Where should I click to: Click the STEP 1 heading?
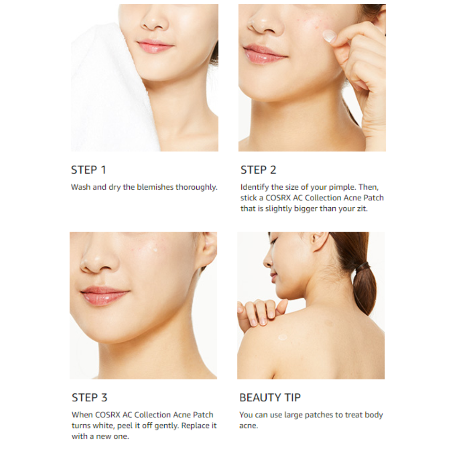88,170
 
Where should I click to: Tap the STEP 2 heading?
258,170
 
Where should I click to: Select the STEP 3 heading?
89,398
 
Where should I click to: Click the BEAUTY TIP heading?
270,398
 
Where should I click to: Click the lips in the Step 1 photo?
155,46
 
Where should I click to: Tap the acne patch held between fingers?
329,36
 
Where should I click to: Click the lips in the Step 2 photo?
262,54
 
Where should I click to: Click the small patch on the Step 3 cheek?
155,249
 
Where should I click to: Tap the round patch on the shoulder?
282,337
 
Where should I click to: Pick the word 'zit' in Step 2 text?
362,209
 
